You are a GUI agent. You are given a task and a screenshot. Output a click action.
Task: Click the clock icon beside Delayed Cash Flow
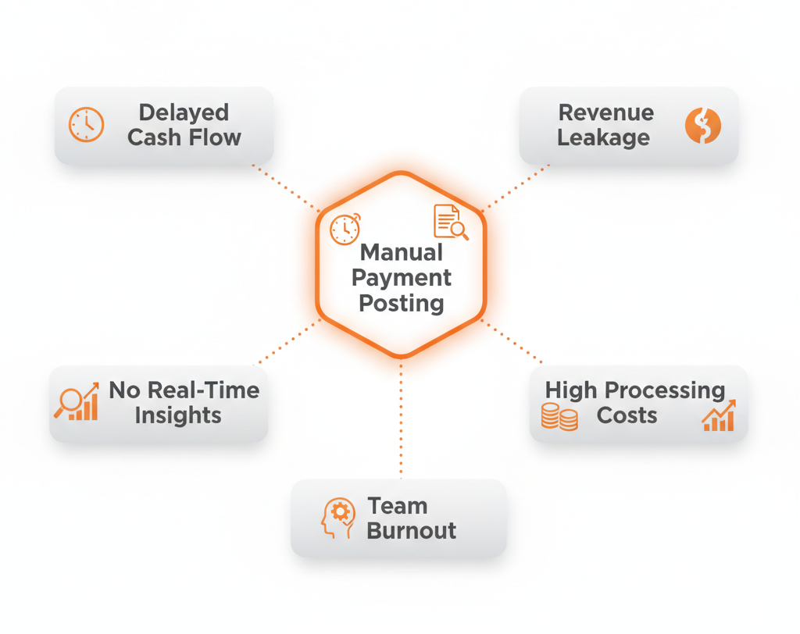pyautogui.click(x=86, y=125)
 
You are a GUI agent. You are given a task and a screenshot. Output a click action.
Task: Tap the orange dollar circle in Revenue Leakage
pyautogui.click(x=702, y=126)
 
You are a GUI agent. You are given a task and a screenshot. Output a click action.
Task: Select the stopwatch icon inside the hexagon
pyautogui.click(x=345, y=229)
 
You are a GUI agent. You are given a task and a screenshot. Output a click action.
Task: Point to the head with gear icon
pyautogui.click(x=337, y=518)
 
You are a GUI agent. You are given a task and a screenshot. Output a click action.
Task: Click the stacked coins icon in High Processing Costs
pyautogui.click(x=559, y=417)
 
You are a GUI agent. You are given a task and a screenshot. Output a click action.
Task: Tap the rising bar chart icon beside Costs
pyautogui.click(x=719, y=416)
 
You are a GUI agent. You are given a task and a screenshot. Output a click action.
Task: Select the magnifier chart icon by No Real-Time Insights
pyautogui.click(x=77, y=401)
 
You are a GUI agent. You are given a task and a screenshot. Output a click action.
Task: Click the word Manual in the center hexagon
pyautogui.click(x=402, y=253)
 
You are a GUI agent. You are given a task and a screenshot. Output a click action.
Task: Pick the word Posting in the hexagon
pyautogui.click(x=402, y=303)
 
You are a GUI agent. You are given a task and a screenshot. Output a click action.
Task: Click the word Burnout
pyautogui.click(x=412, y=531)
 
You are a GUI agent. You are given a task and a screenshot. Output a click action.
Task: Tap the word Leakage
pyautogui.click(x=603, y=138)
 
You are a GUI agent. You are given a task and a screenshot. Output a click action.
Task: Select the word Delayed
pyautogui.click(x=184, y=112)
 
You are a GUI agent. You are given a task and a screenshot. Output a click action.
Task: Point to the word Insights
pyautogui.click(x=178, y=415)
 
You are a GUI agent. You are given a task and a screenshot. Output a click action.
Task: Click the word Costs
pyautogui.click(x=627, y=415)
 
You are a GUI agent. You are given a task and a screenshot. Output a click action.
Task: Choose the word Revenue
pyautogui.click(x=606, y=112)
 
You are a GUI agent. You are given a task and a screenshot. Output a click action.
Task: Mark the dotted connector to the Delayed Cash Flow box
pyautogui.click(x=285, y=187)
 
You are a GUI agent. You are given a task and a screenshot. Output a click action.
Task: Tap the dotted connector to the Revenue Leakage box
pyautogui.click(x=516, y=187)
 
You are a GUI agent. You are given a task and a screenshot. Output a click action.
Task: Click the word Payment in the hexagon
pyautogui.click(x=402, y=278)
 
